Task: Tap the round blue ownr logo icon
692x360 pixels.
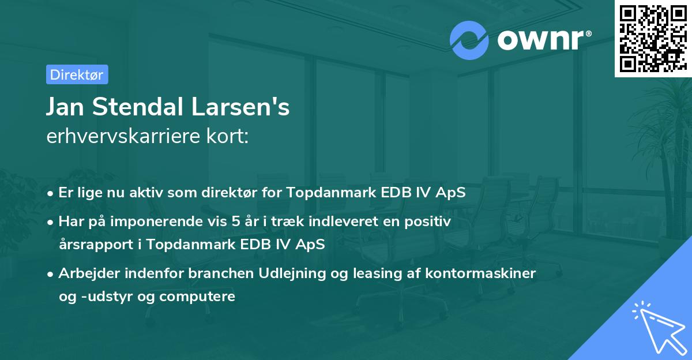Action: point(469,40)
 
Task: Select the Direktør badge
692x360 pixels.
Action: point(77,74)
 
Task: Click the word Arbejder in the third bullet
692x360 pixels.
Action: point(87,273)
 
